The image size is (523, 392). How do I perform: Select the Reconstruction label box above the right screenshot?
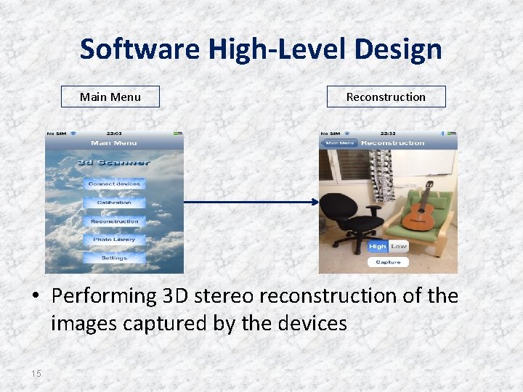[386, 97]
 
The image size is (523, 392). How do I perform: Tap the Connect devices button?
[114, 184]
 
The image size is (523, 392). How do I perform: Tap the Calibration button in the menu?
[114, 203]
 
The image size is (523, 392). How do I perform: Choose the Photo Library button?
[114, 240]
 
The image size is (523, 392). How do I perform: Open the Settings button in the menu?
[114, 258]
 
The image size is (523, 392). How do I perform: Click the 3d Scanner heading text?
[114, 163]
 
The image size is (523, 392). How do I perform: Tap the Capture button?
[388, 262]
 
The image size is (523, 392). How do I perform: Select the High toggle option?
[378, 247]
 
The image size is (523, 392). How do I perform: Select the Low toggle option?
[399, 247]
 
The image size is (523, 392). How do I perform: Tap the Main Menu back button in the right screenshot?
[338, 143]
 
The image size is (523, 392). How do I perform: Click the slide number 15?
[36, 373]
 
